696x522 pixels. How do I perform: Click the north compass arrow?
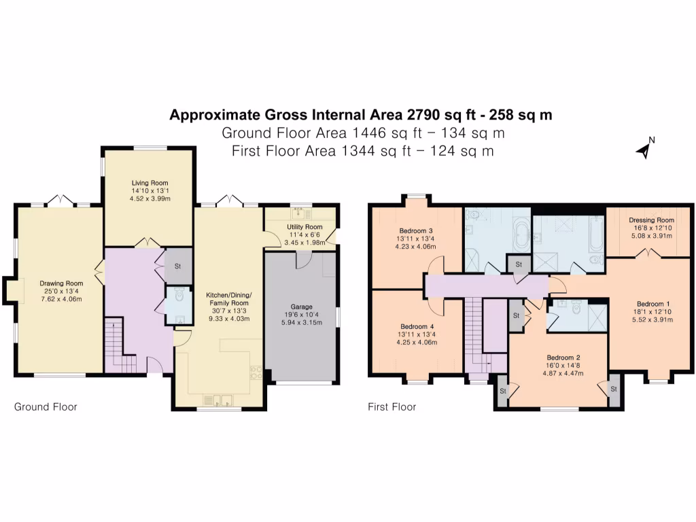click(x=642, y=151)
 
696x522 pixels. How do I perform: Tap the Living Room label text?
click(x=150, y=183)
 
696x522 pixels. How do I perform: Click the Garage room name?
click(x=300, y=306)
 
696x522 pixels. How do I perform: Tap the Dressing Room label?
click(x=651, y=220)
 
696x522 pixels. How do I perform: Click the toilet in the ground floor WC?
click(x=179, y=295)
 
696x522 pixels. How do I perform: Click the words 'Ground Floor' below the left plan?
click(x=46, y=407)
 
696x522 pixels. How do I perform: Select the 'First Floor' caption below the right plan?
click(x=391, y=407)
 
